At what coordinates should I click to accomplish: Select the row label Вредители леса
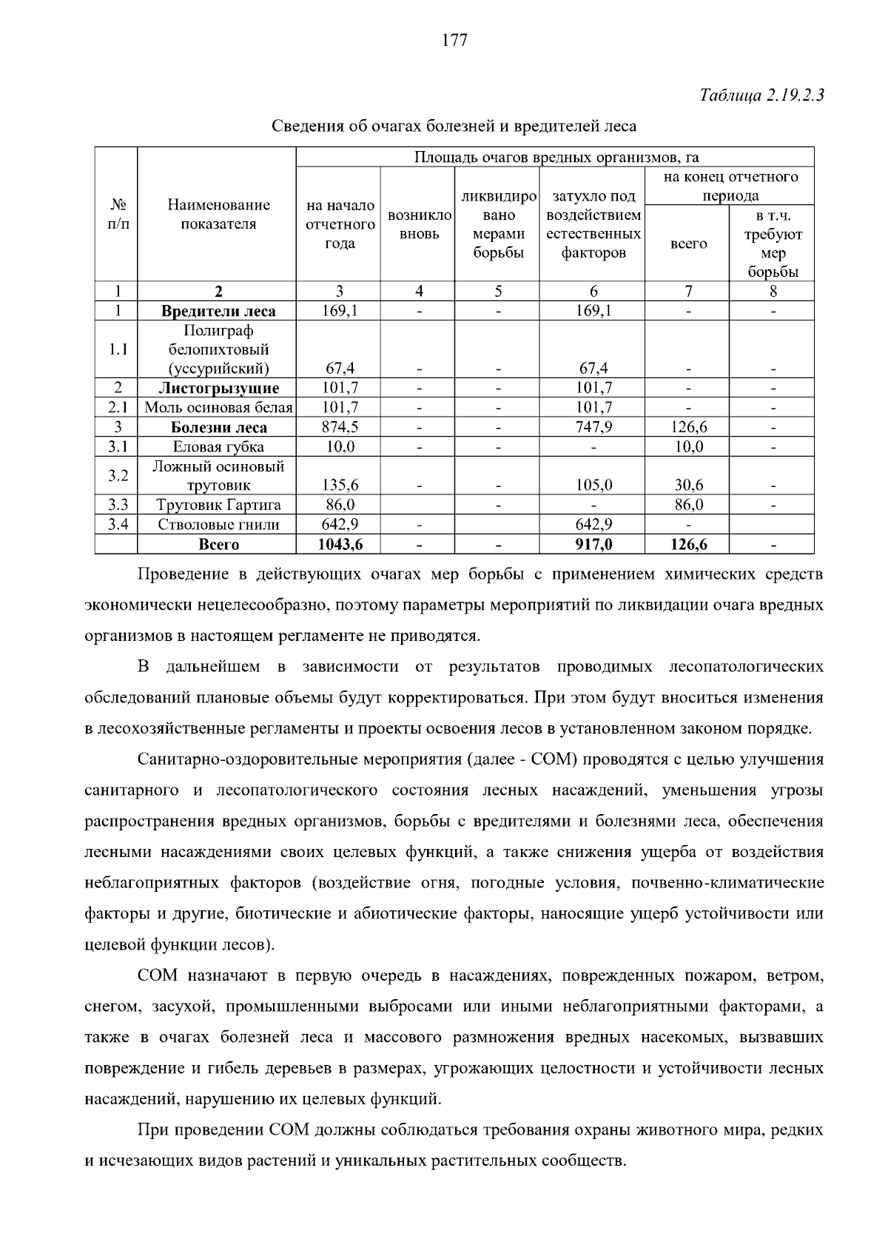tap(218, 311)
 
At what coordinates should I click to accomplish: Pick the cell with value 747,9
tap(593, 427)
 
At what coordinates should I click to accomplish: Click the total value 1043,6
tap(339, 545)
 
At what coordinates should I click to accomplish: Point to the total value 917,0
tap(593, 545)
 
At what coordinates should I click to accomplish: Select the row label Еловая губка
tap(218, 447)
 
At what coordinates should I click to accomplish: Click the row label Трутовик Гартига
tap(218, 506)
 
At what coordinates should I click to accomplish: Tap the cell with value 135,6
tap(339, 486)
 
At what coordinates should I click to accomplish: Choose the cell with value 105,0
tap(593, 486)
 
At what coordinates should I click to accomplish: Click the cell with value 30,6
tap(687, 486)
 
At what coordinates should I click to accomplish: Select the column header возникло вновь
tap(419, 224)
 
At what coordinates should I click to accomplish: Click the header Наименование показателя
tap(218, 215)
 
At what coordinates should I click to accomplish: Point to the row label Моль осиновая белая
tap(218, 408)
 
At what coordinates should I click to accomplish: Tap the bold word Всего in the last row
tap(218, 545)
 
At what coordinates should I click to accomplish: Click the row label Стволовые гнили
tap(218, 525)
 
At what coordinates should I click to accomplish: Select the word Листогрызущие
tap(218, 388)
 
